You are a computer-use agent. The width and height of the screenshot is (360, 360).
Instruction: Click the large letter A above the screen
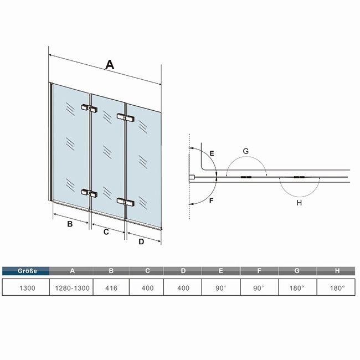coord(110,64)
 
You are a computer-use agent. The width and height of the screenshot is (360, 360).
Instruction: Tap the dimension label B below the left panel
coord(70,224)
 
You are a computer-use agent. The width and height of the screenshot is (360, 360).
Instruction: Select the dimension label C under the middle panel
coord(106,232)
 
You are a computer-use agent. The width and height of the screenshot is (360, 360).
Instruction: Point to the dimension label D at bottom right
coord(141,241)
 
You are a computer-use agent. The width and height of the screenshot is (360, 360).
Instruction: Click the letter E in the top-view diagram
coord(212,153)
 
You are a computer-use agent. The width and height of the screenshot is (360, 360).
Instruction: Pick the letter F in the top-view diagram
coord(211,200)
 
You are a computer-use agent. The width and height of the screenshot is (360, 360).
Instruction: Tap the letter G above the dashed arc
coord(246,151)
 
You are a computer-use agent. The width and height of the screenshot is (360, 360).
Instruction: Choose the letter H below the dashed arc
coord(299,203)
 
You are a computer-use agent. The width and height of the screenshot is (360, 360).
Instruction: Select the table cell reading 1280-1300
coord(72,288)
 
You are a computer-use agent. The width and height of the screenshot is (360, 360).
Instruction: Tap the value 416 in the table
coord(111,288)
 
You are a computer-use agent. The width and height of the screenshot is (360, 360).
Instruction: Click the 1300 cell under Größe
coord(27,288)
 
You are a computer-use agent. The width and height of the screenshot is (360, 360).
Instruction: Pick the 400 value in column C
coord(147,288)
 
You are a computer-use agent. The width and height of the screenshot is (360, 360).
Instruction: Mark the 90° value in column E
coord(221,288)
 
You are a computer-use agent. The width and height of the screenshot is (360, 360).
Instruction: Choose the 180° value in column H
coord(337,288)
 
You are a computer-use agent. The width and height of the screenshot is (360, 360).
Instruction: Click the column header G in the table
coord(297,271)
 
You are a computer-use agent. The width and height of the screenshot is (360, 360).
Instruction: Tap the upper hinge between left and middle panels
coord(89,108)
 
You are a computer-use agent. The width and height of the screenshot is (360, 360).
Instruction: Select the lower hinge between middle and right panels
coord(125,202)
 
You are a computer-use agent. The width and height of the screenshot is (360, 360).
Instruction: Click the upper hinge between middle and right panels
coord(125,117)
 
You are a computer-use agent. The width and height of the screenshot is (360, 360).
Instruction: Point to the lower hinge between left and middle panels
coord(89,193)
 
